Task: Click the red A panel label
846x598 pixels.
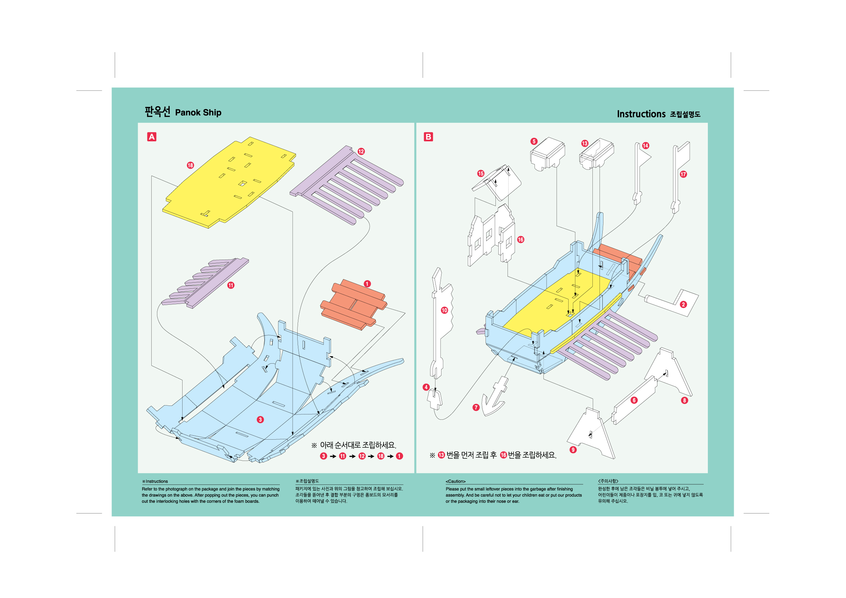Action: (151, 137)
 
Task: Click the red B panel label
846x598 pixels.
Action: (428, 137)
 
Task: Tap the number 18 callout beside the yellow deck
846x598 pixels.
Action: (190, 165)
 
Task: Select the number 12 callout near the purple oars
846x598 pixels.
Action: (361, 151)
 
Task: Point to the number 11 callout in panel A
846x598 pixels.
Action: (231, 285)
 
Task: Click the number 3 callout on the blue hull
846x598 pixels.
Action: (260, 420)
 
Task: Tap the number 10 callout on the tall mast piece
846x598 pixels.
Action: (444, 310)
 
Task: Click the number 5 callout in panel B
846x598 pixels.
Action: (534, 141)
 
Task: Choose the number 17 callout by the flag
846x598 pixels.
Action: (683, 174)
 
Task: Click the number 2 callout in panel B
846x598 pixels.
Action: (683, 304)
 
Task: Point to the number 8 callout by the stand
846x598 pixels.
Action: (685, 401)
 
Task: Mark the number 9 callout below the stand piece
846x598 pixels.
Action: (573, 450)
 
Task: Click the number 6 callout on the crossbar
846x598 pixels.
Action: (634, 400)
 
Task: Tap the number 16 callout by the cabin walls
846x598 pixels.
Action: (521, 239)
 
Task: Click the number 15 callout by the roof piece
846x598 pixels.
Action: (481, 174)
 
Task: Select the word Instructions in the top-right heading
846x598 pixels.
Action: (641, 114)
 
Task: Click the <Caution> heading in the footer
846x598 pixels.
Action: (456, 481)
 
